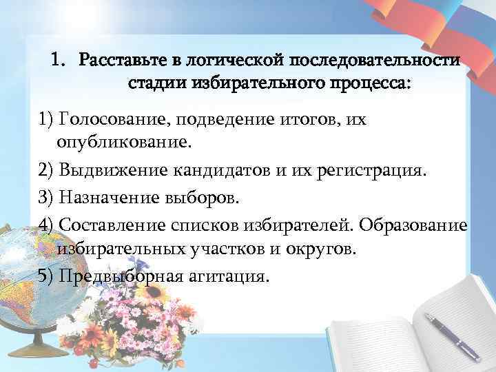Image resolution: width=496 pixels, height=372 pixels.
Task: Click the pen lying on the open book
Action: point(451,335)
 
